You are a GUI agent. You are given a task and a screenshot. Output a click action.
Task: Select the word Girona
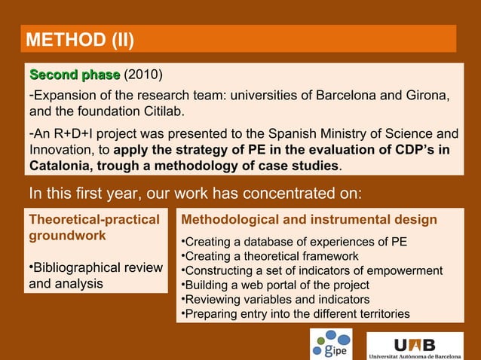429,96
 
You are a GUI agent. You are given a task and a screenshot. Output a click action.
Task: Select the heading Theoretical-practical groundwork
93,227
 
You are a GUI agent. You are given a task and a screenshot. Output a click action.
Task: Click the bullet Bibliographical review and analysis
94,276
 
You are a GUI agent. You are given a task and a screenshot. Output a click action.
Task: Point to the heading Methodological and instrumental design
309,220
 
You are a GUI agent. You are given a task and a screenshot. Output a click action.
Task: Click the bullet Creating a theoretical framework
270,256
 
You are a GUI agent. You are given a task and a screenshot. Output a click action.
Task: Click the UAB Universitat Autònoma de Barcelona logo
415,346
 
